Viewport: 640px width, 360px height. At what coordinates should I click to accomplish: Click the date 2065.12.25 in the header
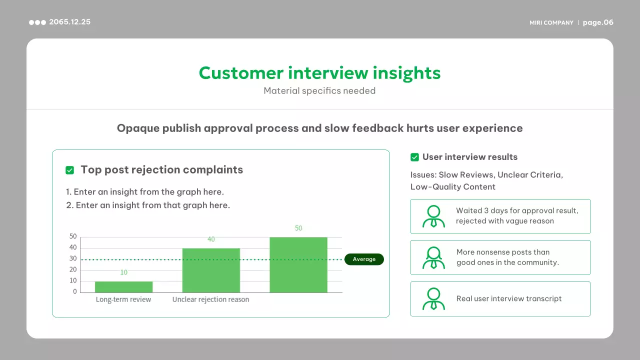point(69,22)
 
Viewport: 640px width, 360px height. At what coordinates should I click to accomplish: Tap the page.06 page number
point(598,22)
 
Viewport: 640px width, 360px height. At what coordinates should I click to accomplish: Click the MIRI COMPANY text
point(551,22)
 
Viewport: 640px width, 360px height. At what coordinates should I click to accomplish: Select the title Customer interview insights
point(319,73)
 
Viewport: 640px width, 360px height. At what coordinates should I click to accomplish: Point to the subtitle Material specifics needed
point(319,91)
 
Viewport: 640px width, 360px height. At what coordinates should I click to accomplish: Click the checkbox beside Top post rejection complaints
point(69,170)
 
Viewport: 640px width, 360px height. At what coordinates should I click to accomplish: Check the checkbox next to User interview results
point(414,157)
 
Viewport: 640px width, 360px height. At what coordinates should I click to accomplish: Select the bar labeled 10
point(123,287)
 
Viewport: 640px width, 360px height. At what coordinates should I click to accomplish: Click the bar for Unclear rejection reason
point(211,270)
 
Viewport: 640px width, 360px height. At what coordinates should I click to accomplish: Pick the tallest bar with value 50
point(298,265)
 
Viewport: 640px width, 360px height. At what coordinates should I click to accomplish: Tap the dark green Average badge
point(364,259)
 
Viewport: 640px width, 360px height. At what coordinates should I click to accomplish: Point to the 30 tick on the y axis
point(73,258)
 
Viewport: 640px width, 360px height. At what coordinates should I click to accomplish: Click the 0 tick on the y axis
point(75,291)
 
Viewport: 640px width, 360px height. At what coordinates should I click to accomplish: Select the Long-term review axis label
point(123,299)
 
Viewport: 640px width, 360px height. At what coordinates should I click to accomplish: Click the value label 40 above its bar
point(211,239)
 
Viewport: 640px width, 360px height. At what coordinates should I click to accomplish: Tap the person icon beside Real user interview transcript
point(433,299)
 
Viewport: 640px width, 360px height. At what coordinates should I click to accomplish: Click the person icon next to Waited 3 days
point(433,216)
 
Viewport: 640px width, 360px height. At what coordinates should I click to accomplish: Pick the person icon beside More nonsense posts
point(433,257)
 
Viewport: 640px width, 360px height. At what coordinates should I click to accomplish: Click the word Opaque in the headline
point(138,128)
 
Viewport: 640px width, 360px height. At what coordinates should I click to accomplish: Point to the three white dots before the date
point(37,22)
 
